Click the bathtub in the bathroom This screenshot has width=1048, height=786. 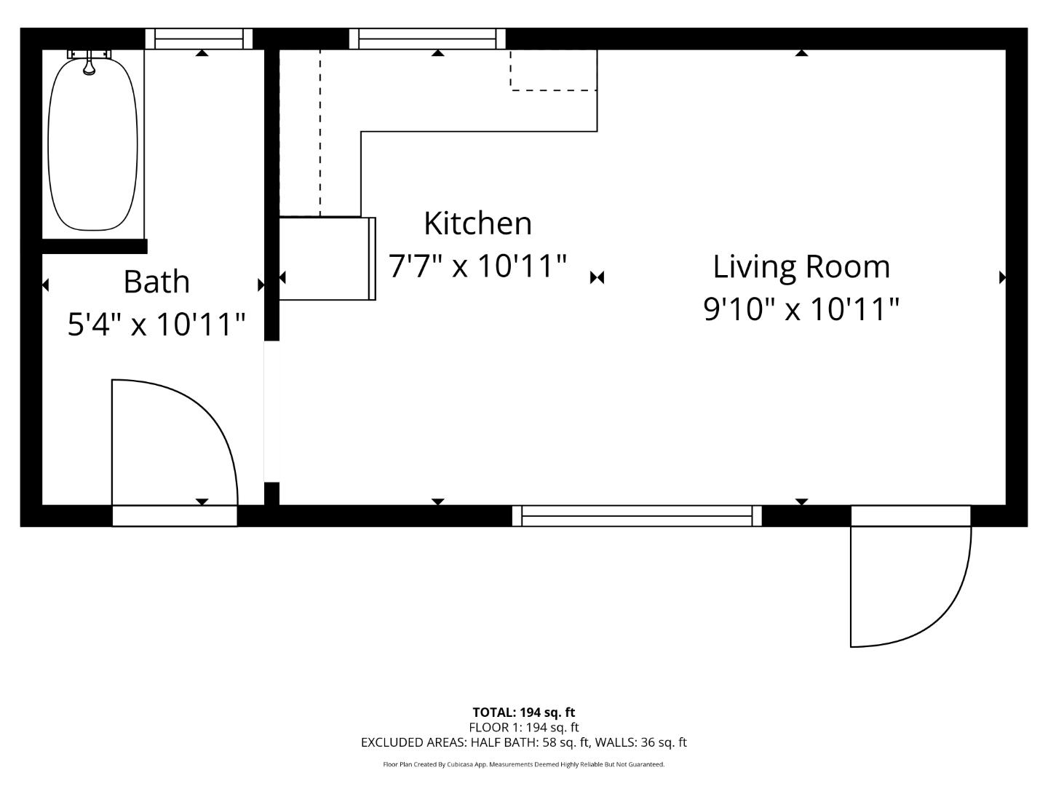[92, 146]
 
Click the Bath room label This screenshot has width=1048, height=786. [156, 282]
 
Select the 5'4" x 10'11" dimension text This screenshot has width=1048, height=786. [156, 324]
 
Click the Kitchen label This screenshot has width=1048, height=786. [477, 223]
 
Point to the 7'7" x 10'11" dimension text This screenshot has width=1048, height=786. [477, 266]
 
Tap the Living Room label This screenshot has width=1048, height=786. [801, 266]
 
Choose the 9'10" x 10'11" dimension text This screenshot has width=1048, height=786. [801, 309]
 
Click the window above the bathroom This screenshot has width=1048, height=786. [199, 39]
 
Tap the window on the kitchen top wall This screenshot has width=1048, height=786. [427, 39]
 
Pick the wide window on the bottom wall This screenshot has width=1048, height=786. [637, 515]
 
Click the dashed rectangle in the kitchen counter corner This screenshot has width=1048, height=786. [553, 70]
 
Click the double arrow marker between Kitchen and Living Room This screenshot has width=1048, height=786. [597, 277]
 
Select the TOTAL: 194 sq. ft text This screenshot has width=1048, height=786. [523, 712]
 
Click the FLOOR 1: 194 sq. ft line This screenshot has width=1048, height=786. [523, 727]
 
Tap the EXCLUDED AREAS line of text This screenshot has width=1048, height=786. [523, 742]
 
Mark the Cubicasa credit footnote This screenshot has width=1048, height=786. [523, 764]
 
